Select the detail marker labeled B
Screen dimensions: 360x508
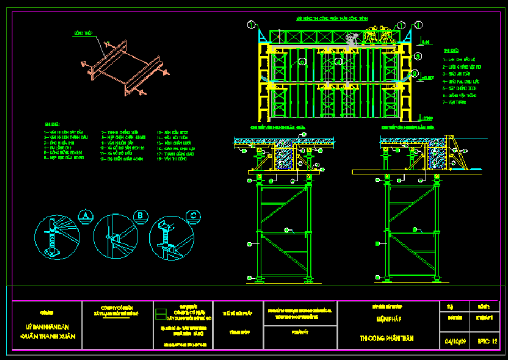pyautogui.click(x=141, y=216)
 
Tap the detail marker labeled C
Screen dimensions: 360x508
pyautogui.click(x=194, y=216)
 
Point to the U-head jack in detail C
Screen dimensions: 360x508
pyautogui.click(x=164, y=227)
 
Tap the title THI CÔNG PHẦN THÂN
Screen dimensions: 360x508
pyautogui.click(x=386, y=338)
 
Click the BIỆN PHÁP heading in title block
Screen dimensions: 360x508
pyautogui.click(x=386, y=319)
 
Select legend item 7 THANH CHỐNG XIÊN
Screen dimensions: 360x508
pyautogui.click(x=120, y=132)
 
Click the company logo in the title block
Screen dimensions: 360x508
pyautogui.click(x=160, y=314)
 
